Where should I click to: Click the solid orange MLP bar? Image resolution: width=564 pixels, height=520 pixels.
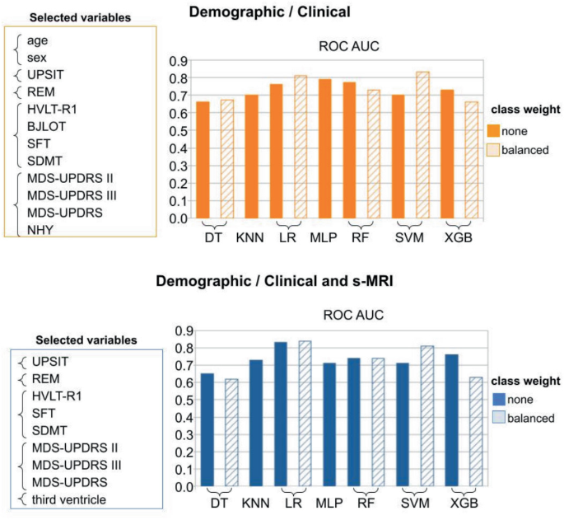[x=325, y=149]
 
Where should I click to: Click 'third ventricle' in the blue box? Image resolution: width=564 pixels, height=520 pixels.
[x=63, y=499]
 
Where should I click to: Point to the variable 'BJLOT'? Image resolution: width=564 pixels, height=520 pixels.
[x=45, y=124]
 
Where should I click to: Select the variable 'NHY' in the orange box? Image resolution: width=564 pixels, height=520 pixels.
[x=40, y=231]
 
